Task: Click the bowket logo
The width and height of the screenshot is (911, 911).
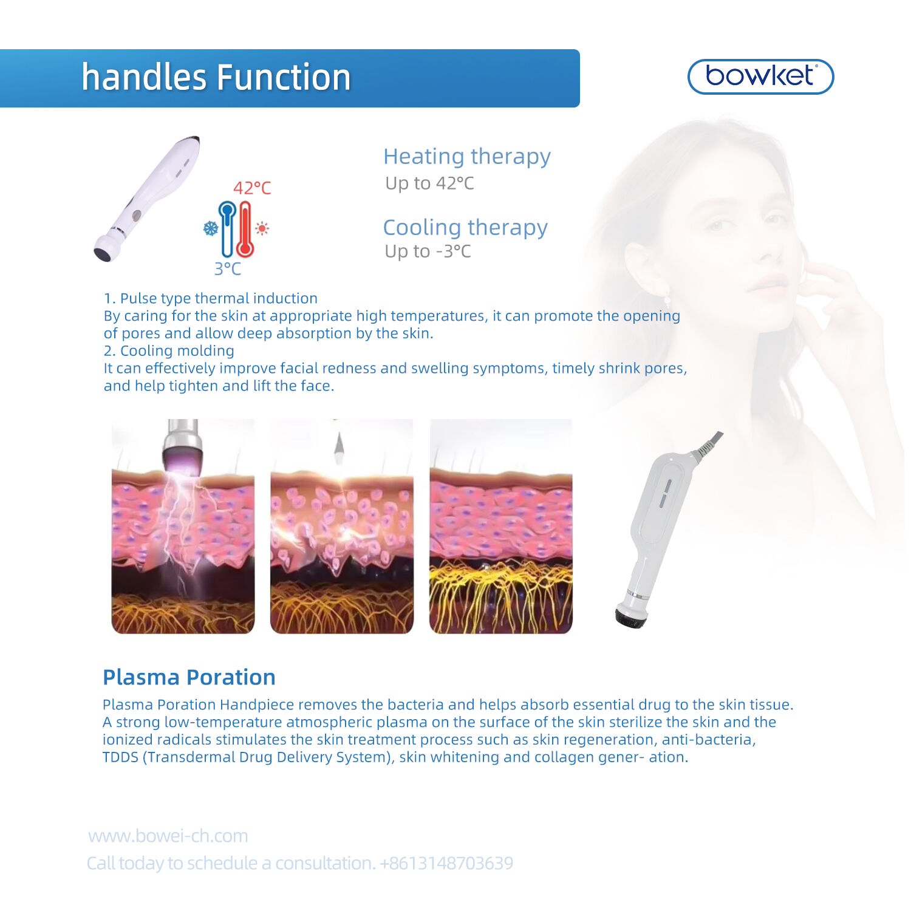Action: (760, 77)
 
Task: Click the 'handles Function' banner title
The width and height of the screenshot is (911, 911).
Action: (216, 78)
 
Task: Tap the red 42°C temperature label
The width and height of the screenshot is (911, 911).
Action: (252, 188)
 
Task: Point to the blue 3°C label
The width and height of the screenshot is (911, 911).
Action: (228, 268)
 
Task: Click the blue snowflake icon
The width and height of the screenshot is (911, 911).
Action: (210, 228)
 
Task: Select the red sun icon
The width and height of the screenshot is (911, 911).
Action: (262, 228)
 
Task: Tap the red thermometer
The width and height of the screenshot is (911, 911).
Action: (245, 230)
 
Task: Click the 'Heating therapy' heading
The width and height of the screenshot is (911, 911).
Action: (467, 157)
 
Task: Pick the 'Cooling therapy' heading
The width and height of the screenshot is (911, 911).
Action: (465, 227)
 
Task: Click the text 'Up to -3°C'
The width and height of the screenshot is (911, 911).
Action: (428, 251)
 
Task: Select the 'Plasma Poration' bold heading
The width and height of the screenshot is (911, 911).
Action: (189, 677)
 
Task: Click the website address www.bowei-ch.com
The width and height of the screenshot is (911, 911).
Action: (168, 836)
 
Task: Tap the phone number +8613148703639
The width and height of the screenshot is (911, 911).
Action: (446, 863)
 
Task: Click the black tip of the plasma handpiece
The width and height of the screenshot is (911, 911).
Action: (631, 617)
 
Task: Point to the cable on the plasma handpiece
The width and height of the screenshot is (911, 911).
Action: (708, 446)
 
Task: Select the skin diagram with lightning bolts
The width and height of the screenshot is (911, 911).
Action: (183, 526)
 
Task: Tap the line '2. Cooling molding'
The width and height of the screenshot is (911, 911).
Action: (169, 351)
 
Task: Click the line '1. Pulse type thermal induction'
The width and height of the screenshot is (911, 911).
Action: (211, 298)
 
